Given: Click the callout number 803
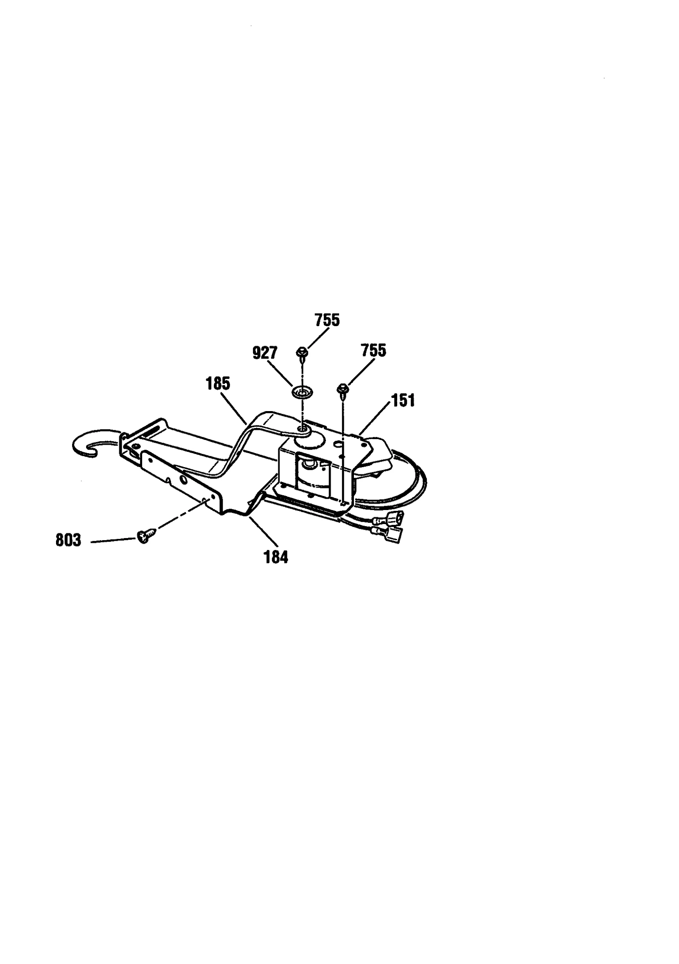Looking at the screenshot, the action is click(x=68, y=541).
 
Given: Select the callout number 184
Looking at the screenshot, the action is click(x=276, y=557).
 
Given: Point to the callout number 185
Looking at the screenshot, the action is click(x=218, y=383).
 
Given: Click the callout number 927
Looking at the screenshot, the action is click(x=265, y=353).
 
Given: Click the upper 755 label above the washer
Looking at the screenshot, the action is click(x=327, y=320).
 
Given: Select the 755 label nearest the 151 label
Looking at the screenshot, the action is click(x=373, y=351).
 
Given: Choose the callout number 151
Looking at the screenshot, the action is click(x=402, y=400).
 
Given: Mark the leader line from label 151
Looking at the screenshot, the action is click(x=374, y=417).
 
